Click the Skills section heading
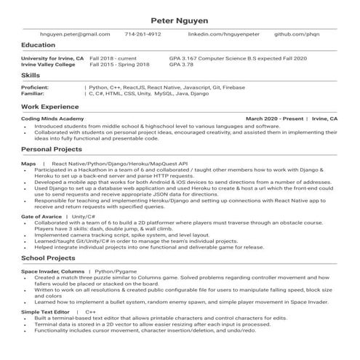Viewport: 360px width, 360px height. click(31, 75)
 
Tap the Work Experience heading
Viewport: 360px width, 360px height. click(49, 106)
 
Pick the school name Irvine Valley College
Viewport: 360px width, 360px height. click(48, 64)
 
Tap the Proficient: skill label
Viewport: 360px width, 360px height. click(35, 87)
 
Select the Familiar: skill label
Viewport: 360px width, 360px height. click(33, 94)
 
